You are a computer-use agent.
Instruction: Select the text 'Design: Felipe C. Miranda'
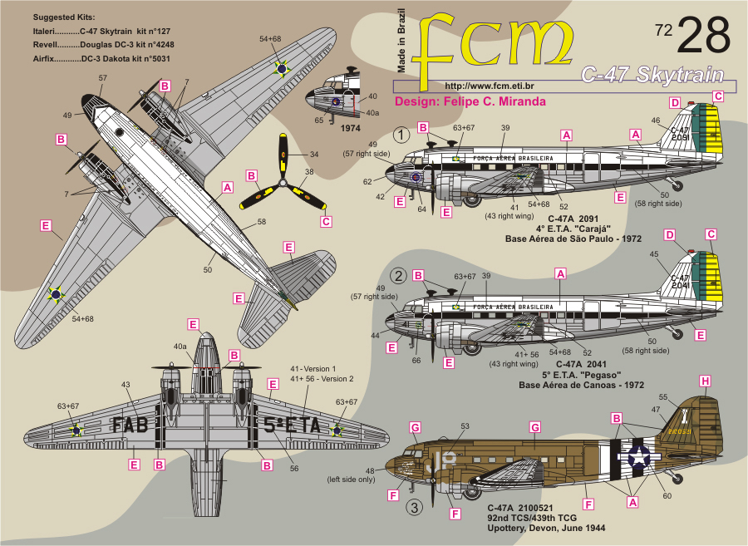point(470,101)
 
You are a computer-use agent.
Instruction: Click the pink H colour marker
point(706,381)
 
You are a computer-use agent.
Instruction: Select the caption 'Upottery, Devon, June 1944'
point(546,529)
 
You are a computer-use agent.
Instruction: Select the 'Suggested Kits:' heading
point(64,17)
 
